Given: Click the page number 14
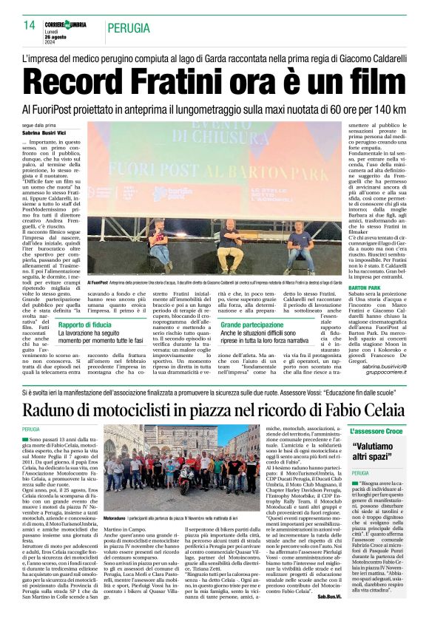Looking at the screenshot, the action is tap(29, 25).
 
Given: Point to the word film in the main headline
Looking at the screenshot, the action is tap(370, 81).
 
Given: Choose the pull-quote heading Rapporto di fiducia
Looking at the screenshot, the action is tap(85, 325).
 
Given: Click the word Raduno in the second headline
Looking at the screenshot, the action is tap(55, 410).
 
